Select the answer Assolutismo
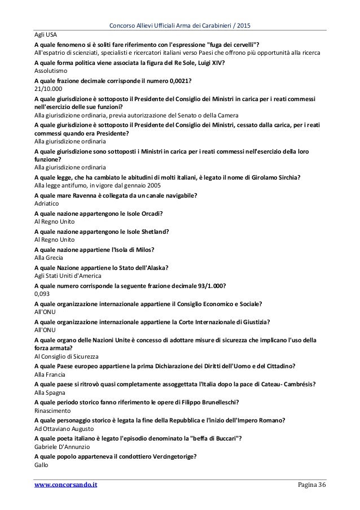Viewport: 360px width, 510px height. pos(50,73)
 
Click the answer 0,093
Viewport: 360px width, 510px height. pos(42,294)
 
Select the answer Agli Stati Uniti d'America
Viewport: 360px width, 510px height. pos(67,275)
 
